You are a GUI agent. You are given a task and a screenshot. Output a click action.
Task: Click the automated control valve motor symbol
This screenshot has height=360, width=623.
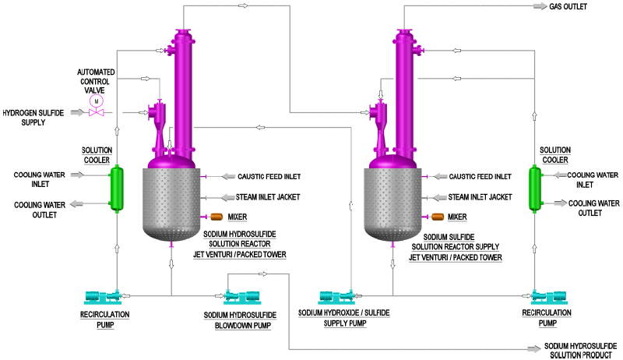[x=97, y=101]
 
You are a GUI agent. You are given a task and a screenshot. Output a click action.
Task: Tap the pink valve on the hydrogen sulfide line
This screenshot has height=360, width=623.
[x=97, y=114]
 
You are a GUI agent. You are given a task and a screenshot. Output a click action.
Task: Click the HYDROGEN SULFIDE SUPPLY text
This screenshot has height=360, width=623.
[x=33, y=117]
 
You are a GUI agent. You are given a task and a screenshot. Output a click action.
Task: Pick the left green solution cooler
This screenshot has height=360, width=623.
[x=116, y=189]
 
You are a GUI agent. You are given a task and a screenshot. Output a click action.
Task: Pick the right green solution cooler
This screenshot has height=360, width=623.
[x=535, y=189]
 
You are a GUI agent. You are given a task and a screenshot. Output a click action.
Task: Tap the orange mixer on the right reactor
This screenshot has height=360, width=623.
[x=436, y=217]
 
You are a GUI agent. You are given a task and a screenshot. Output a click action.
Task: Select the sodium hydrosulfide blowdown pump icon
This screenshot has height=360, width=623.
[x=241, y=296]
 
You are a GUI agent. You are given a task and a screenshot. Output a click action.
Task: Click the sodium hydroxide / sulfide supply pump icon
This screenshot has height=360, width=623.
[x=338, y=296]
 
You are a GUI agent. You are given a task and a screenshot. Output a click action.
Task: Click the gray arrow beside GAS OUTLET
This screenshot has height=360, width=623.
[x=537, y=6]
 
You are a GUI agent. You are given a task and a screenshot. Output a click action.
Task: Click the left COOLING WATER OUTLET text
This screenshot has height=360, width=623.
[x=34, y=210]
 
